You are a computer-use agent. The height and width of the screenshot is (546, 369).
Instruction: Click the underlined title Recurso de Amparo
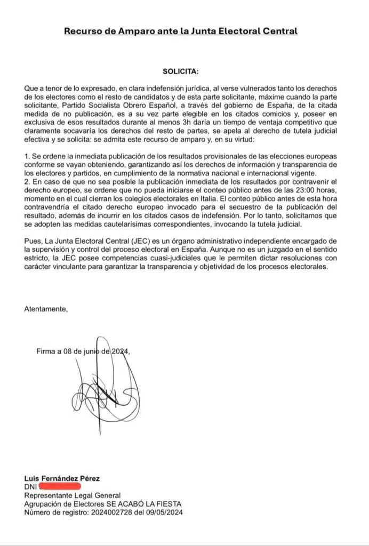(180, 31)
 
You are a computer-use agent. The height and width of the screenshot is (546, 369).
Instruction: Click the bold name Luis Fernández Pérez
(62, 478)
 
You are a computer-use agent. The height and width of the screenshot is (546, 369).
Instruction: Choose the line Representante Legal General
(72, 495)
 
